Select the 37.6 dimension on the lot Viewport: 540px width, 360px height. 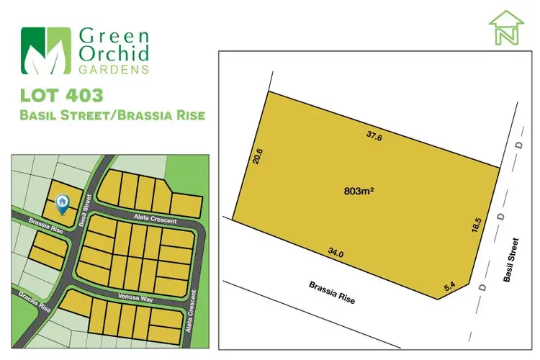[x=373, y=135]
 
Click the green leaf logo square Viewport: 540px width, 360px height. [x=46, y=51]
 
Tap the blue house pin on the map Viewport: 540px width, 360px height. [x=62, y=204]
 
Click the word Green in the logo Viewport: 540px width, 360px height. [x=116, y=34]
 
